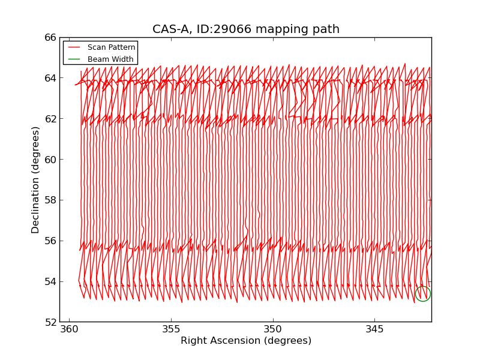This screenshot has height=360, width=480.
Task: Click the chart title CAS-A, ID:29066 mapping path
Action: pos(245,29)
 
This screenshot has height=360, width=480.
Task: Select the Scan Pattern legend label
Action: pos(111,47)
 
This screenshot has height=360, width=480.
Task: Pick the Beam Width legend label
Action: pos(110,59)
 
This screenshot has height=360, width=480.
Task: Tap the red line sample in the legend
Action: pos(74,47)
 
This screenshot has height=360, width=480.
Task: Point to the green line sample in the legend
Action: pos(74,59)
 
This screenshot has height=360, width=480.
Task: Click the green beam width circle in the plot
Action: pos(422,293)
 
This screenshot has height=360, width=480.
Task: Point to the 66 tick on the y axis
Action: pos(50,37)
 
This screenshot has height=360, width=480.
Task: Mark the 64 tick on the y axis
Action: pos(50,78)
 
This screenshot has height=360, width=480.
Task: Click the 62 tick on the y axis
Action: pos(50,119)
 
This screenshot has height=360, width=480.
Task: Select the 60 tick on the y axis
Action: pos(50,160)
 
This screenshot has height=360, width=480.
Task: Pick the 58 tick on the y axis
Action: pos(50,200)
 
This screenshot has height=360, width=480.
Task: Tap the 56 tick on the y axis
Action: pos(50,241)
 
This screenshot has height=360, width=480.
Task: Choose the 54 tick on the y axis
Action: pos(50,281)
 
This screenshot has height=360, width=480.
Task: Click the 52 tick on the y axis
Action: pos(50,322)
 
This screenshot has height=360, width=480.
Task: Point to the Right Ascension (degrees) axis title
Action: pos(246,341)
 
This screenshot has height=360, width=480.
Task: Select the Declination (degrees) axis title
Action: pos(36,179)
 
